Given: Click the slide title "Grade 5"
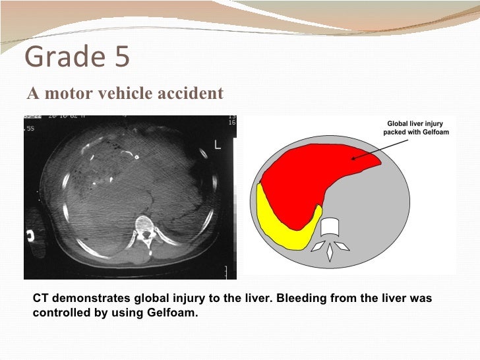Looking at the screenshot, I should [77, 58].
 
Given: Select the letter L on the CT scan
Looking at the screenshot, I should [217, 145].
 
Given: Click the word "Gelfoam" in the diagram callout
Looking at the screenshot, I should [432, 133].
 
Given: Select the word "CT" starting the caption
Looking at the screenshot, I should [40, 299].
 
